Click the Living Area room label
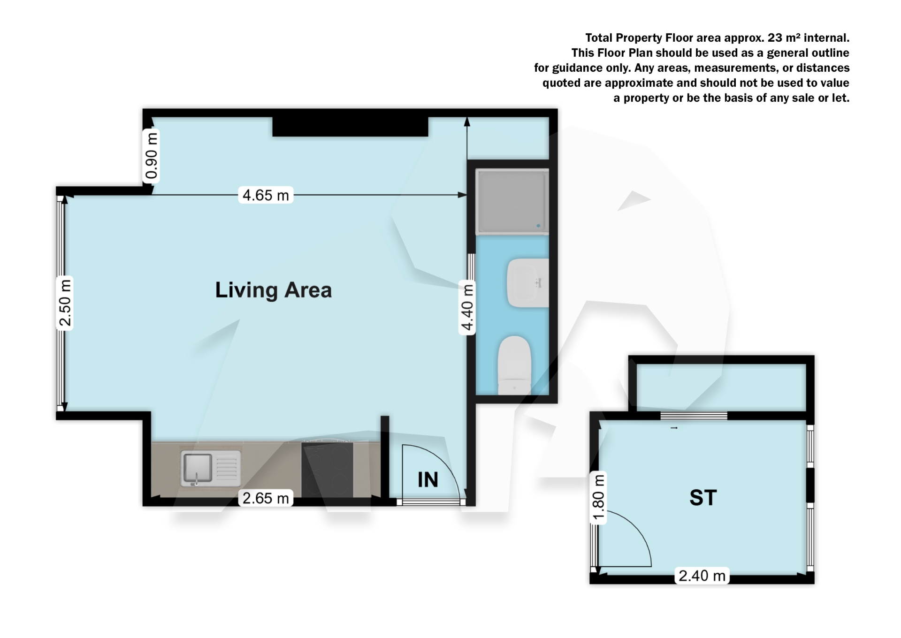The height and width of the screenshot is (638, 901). [273, 290]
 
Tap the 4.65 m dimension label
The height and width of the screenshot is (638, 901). [266, 195]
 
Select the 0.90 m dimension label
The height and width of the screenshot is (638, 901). [151, 156]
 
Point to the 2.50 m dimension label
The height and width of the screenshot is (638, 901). [65, 303]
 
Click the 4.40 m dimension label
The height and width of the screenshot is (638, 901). [467, 307]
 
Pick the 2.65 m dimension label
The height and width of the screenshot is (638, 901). [266, 498]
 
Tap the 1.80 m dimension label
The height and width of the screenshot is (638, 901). [598, 498]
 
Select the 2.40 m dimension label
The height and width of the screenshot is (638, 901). [702, 576]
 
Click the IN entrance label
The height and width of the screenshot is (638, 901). [428, 480]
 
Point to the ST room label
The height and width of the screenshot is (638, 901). [703, 498]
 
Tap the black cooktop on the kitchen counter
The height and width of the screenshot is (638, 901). [328, 469]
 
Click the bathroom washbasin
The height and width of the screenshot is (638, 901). [527, 283]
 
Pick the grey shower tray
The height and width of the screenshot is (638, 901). [512, 202]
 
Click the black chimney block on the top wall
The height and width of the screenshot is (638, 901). [350, 127]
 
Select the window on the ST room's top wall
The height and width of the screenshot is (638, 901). [694, 416]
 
